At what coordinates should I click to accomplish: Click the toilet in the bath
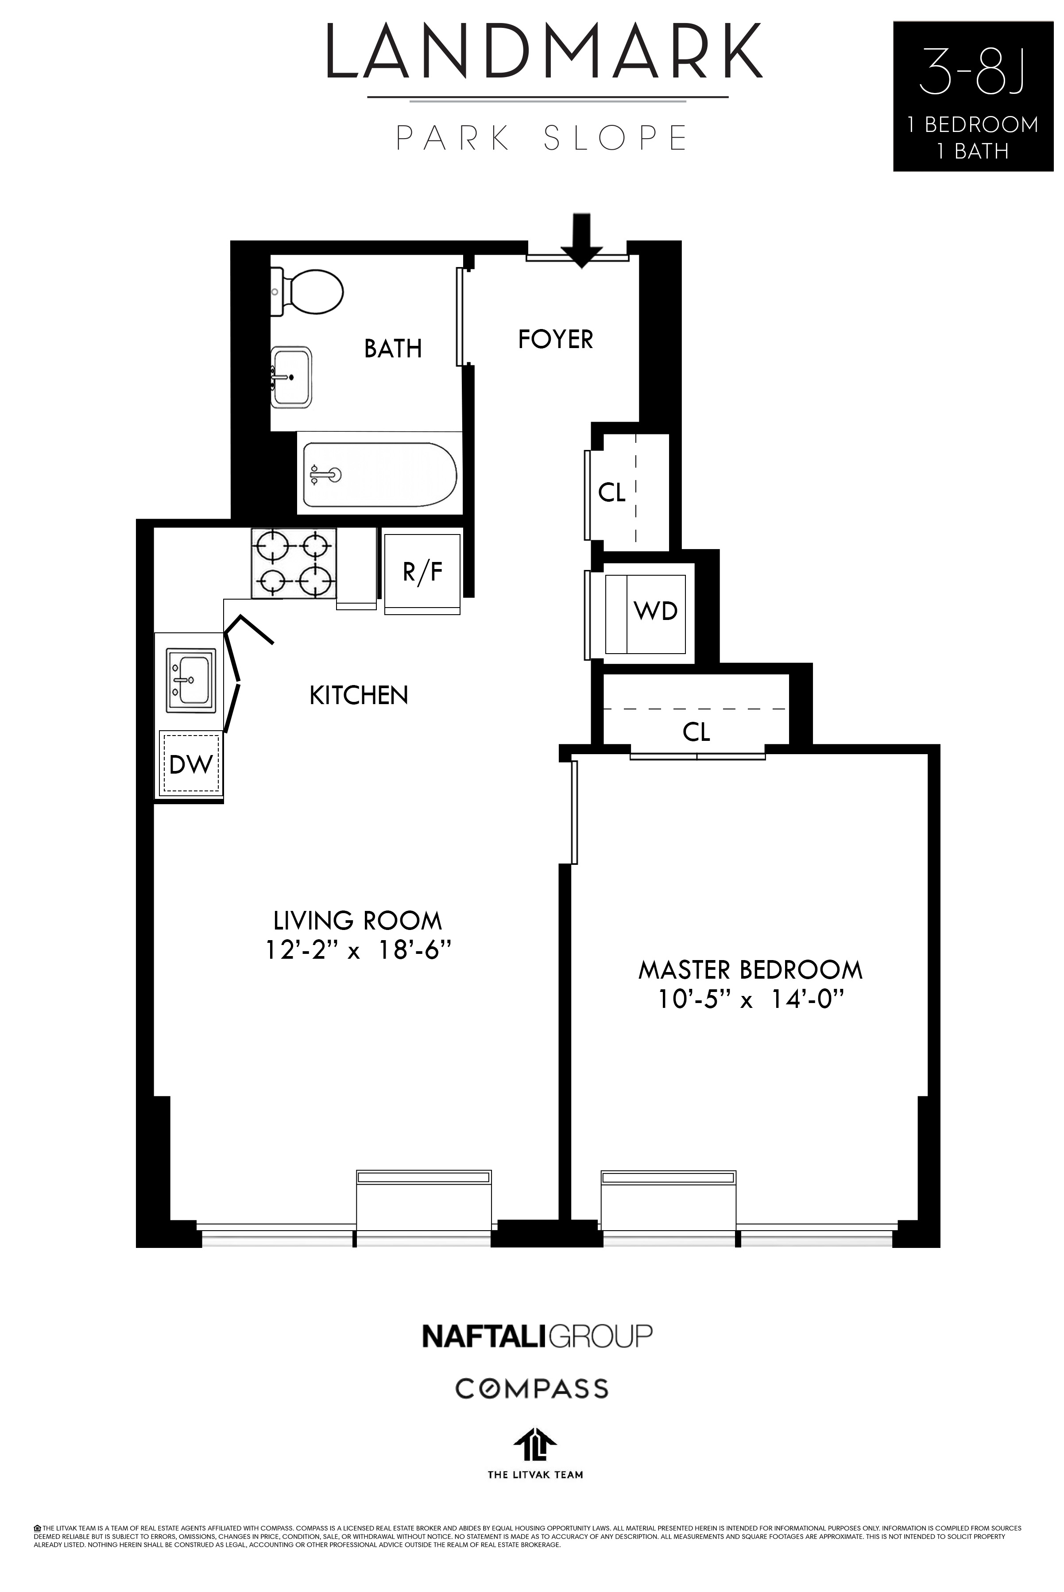coord(309,292)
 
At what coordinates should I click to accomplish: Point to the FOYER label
coord(555,339)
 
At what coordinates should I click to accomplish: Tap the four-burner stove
coord(294,563)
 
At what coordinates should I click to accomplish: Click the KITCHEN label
coord(358,696)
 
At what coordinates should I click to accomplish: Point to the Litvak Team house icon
coord(535,1445)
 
